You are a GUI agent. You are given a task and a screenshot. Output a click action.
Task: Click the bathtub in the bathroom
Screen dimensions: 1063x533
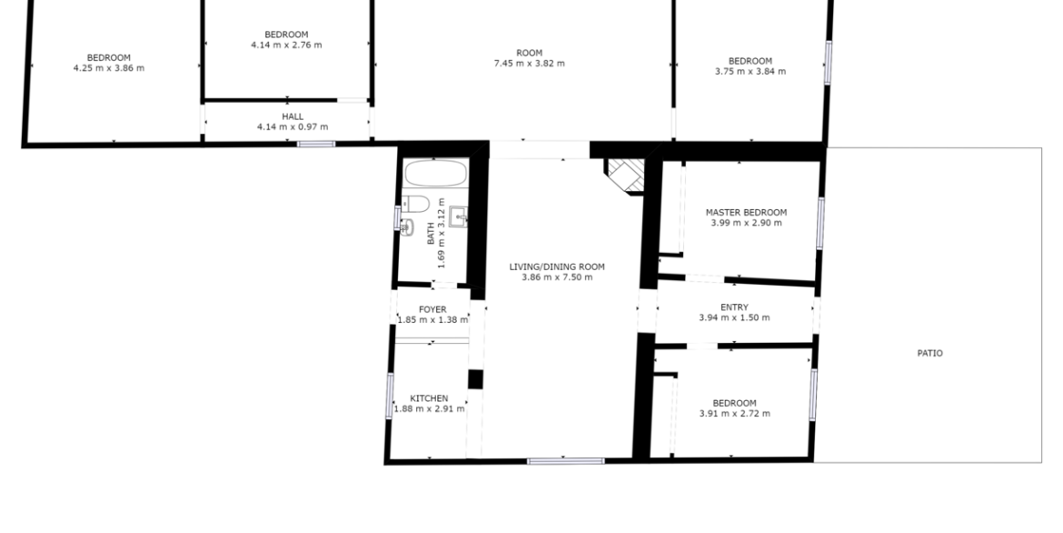coord(436,173)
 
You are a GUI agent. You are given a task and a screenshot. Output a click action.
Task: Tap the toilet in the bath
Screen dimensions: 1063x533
coord(415,204)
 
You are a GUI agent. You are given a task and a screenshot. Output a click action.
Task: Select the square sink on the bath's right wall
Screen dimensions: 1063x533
coord(458,217)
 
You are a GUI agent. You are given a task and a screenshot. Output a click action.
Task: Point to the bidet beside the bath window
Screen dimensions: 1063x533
coord(407,227)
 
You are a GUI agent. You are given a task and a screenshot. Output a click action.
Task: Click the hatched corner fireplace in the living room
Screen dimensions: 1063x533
coord(626,176)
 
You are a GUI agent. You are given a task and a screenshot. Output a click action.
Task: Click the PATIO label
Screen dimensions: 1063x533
coord(930,353)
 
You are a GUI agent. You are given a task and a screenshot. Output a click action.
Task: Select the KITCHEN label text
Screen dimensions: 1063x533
coord(429,398)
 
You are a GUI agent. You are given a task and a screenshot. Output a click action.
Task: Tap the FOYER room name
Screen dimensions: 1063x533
coord(432,309)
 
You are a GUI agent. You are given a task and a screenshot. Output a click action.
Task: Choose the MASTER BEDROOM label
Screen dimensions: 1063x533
coord(747,213)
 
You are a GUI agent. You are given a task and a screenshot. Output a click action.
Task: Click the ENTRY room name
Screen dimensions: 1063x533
coord(734,307)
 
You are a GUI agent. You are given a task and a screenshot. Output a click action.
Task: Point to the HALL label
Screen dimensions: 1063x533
coord(293,116)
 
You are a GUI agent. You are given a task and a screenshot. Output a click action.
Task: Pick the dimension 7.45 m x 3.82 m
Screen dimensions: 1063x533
coord(530,64)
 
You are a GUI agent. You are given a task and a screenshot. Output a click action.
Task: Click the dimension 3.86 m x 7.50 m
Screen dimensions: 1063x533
coord(557,277)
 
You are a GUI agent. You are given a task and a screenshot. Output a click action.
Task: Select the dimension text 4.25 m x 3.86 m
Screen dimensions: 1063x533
coord(108,68)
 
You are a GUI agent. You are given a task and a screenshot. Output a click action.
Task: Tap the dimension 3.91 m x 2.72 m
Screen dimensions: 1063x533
coord(735,414)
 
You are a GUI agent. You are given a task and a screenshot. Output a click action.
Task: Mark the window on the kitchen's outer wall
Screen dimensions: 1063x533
coord(390,395)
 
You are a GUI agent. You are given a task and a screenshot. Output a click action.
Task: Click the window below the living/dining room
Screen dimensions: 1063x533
coord(566,461)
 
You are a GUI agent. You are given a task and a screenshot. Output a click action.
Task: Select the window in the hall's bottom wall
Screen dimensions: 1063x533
coord(316,144)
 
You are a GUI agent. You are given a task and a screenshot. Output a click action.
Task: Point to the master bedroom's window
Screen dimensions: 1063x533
coord(820,223)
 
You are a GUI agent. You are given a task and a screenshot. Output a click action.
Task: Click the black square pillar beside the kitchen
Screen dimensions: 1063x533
coord(475,379)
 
